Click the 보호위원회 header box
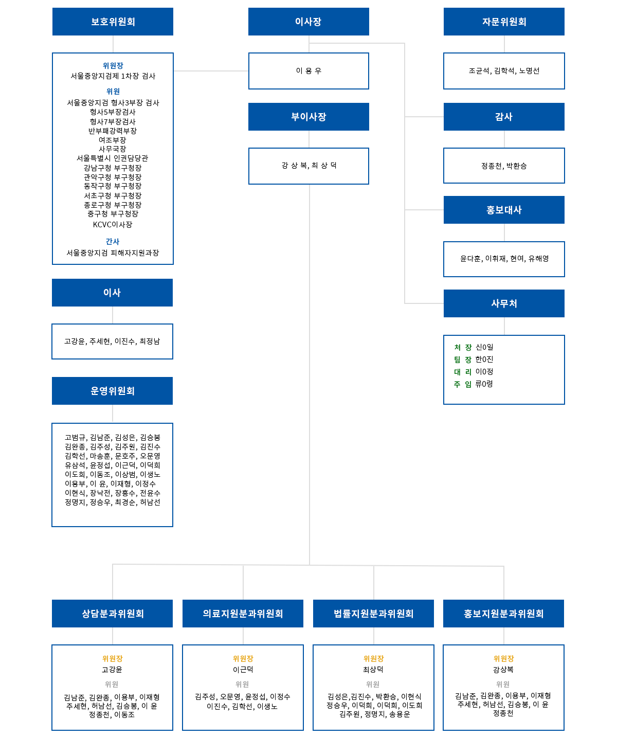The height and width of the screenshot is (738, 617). coord(113,22)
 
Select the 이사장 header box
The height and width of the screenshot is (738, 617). coord(308,22)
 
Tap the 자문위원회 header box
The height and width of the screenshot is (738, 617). coord(504,22)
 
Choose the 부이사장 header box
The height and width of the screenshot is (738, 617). coord(308,117)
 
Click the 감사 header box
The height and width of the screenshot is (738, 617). coord(504,117)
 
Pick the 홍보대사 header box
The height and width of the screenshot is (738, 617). coord(504,210)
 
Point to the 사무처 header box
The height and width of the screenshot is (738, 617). coord(504,303)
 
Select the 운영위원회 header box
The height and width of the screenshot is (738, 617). coord(112,391)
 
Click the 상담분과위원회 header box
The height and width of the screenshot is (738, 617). coord(113,614)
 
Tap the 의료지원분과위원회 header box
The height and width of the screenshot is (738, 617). coord(243,614)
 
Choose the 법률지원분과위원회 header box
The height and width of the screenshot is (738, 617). coord(373,614)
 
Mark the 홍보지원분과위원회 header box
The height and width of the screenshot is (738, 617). coord(503,614)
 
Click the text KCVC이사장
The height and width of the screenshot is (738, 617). coord(113,225)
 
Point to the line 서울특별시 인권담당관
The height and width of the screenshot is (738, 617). coord(112,158)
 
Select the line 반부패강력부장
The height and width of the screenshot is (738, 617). coord(113,131)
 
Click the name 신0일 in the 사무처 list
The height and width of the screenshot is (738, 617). coord(484,347)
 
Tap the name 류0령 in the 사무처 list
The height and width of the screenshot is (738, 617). coord(484,384)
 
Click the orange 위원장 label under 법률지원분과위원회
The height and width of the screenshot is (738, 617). coord(373,659)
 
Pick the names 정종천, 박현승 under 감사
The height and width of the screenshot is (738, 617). coord(504,166)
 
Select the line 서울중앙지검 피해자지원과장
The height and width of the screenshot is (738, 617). coord(113,253)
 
